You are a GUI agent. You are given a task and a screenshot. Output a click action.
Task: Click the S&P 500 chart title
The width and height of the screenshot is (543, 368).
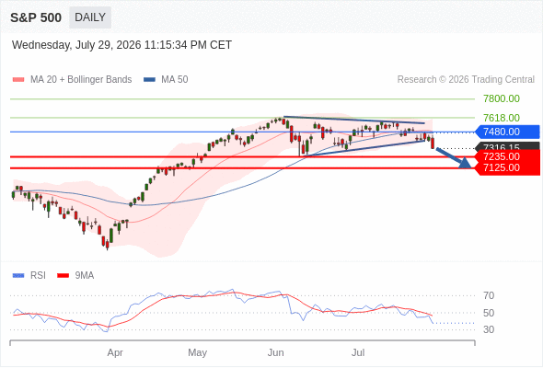click(x=36, y=17)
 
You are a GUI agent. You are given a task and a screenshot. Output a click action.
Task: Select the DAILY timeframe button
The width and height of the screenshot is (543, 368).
click(x=90, y=17)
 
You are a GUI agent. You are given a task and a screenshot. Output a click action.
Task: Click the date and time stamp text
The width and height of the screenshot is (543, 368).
click(x=121, y=45)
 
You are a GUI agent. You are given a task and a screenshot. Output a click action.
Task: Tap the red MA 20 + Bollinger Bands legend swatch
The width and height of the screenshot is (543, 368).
click(x=18, y=80)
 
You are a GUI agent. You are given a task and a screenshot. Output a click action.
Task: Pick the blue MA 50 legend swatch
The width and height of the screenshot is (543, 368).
click(x=149, y=80)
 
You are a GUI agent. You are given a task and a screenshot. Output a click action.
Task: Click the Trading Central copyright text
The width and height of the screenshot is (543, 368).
click(x=466, y=80)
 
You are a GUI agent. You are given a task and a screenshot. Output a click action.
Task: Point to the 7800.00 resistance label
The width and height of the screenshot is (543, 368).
click(x=502, y=98)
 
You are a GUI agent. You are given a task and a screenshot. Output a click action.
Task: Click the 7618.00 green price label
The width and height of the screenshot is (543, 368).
click(x=502, y=118)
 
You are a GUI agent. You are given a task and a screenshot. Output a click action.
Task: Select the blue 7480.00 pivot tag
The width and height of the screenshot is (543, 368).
click(x=507, y=132)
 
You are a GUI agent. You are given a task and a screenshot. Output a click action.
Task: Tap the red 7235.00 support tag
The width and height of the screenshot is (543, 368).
click(x=507, y=156)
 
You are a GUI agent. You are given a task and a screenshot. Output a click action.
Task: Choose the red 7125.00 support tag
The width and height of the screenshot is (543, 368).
click(x=507, y=168)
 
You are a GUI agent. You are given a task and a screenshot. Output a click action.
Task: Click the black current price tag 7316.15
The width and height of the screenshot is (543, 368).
click(x=507, y=146)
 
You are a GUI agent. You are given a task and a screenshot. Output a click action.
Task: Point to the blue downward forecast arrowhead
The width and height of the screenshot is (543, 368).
click(x=465, y=163)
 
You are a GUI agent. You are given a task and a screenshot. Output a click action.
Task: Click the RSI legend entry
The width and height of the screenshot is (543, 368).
click(x=29, y=276)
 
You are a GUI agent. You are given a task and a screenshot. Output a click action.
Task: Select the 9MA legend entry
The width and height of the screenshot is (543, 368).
click(x=75, y=276)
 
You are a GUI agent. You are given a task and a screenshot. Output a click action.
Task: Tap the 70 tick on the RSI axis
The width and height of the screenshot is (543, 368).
click(x=489, y=295)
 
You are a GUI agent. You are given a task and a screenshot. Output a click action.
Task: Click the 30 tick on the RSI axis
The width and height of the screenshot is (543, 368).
click(x=489, y=329)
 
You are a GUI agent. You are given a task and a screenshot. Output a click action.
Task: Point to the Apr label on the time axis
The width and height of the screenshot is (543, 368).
click(x=115, y=352)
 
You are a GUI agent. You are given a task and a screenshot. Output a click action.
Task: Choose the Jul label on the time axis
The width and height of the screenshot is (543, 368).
click(x=358, y=352)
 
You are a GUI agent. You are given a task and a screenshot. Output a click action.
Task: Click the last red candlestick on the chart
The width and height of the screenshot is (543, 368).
click(x=433, y=144)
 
